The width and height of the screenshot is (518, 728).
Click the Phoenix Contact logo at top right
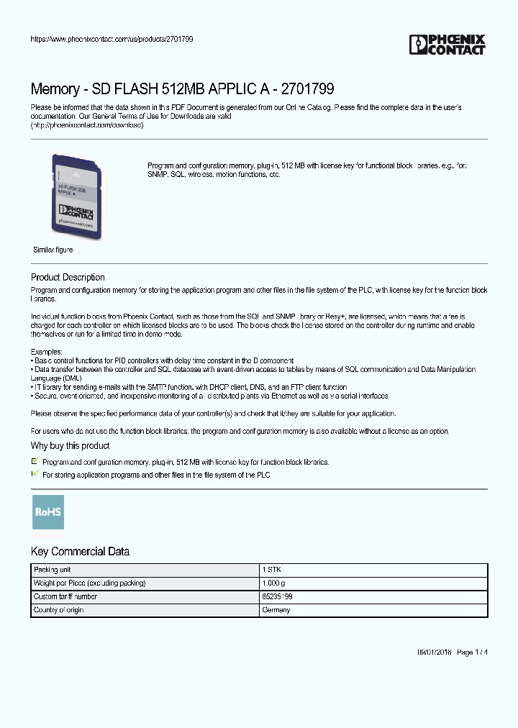[447, 45]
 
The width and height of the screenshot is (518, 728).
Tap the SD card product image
[78, 198]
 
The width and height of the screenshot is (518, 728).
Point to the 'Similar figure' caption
[53, 250]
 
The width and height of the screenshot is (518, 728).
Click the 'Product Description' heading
[68, 278]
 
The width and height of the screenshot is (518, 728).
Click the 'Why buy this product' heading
[70, 446]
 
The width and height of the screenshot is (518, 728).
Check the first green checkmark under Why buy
[35, 460]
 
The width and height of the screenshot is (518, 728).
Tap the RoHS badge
[48, 512]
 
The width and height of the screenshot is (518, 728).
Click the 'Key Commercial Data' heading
[80, 552]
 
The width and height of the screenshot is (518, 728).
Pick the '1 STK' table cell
[271, 569]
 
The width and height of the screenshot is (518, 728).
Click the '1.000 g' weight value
[274, 583]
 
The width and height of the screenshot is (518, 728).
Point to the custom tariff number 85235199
[278, 596]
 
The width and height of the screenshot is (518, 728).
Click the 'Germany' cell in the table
[276, 610]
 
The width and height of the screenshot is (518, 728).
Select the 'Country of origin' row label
[59, 610]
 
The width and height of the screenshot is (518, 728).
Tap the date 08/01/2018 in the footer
[435, 652]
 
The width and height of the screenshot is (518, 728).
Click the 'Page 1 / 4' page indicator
[473, 652]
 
